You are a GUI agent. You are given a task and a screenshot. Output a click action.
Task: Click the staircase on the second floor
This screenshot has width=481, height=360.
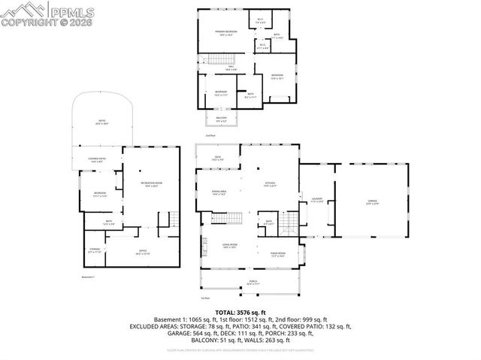tap(217, 60)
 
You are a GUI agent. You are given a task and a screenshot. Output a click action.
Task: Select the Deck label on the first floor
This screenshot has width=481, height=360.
tap(217, 159)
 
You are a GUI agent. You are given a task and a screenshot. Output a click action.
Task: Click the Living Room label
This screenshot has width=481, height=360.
tap(230, 247)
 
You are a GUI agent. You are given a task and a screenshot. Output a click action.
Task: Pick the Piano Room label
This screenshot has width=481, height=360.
tap(277, 254)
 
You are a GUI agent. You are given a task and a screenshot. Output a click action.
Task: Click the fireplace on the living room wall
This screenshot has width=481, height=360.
tap(202, 246)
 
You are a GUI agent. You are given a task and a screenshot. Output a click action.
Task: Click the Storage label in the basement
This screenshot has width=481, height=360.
tap(95, 250)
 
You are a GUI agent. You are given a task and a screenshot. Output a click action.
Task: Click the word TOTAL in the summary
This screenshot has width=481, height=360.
tap(225, 310)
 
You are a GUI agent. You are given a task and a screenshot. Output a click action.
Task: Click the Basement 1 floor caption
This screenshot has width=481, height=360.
tap(89, 277)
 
